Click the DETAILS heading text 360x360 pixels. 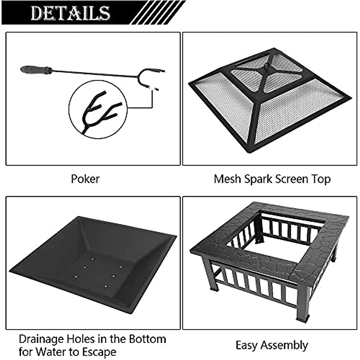tap(71, 13)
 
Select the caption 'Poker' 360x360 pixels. tap(85, 179)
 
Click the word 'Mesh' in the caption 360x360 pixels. tap(227, 179)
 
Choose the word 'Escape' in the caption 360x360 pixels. tap(97, 352)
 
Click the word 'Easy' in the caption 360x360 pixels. tap(247, 345)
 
